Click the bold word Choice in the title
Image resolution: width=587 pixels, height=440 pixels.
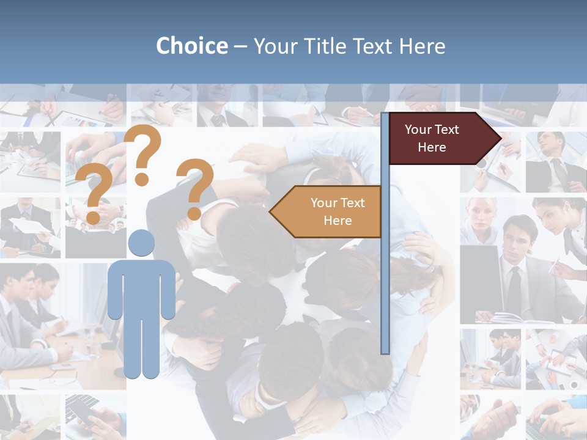tap(191, 46)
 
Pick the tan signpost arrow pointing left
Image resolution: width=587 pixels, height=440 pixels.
tap(327, 211)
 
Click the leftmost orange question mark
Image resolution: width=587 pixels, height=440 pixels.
tap(94, 193)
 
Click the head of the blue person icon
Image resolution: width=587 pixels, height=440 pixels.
tap(141, 243)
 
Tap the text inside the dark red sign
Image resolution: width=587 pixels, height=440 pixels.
tap(432, 138)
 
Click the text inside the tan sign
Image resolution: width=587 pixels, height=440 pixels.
tap(338, 211)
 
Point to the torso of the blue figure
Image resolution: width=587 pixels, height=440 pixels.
tap(142, 287)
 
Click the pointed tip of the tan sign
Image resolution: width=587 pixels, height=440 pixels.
tap(271, 212)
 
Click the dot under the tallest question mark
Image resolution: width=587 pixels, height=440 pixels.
tap(142, 179)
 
